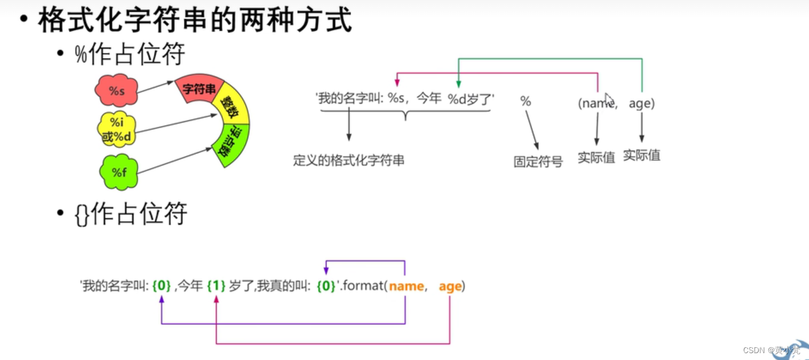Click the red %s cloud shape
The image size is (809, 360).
coord(116,90)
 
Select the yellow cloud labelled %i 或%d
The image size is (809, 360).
coord(118,129)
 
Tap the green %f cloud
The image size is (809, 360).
coord(119,172)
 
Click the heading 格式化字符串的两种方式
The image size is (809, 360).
coord(194,21)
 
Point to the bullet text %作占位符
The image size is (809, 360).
coord(130,55)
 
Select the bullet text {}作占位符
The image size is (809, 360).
coord(131,215)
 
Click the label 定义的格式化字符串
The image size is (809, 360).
coord(348,161)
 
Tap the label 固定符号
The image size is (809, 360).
coord(538,162)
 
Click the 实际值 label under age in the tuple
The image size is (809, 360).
coord(641,155)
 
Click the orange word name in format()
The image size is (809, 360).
coord(406,286)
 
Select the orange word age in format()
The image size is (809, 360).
coord(450,286)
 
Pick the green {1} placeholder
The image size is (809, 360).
coord(216,286)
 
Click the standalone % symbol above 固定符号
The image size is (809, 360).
coord(525,102)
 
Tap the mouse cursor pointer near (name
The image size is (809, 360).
coord(609,98)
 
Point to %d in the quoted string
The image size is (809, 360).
coord(457,99)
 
